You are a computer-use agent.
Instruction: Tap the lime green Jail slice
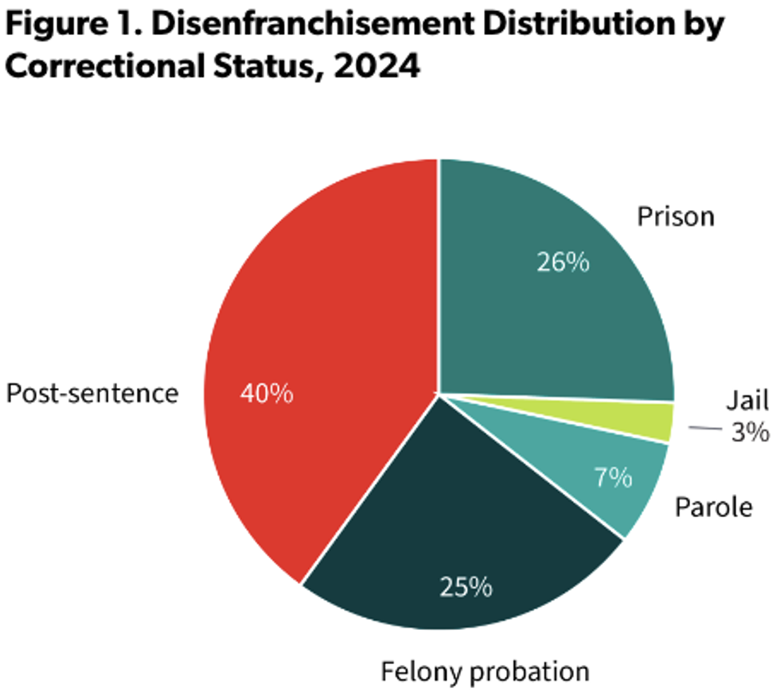click(x=657, y=421)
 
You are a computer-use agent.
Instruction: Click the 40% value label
click(x=267, y=393)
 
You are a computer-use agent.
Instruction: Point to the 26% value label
click(x=563, y=262)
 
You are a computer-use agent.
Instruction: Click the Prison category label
click(x=676, y=216)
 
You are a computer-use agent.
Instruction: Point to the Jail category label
click(x=747, y=399)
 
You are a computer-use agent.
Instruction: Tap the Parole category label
click(x=713, y=507)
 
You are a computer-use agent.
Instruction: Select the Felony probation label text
click(x=485, y=671)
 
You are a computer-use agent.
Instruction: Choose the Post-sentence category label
click(x=92, y=393)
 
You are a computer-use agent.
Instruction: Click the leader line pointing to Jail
click(x=704, y=429)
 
